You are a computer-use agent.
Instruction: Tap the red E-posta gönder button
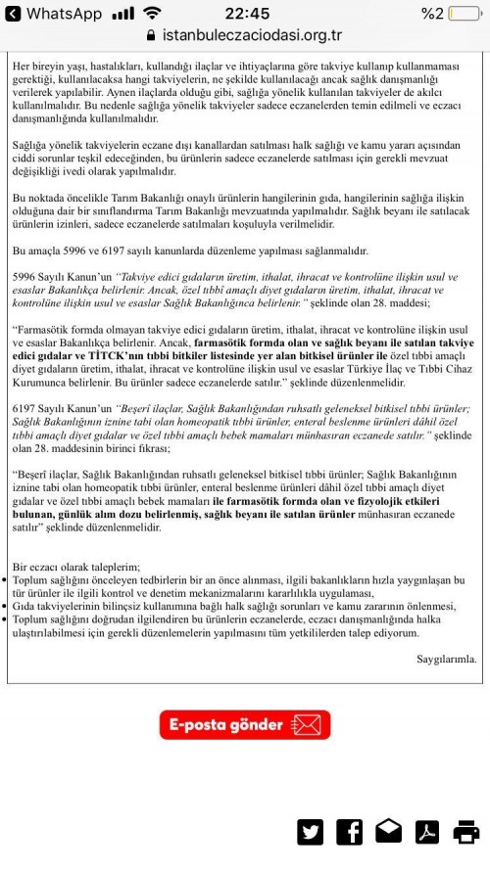pos(245,724)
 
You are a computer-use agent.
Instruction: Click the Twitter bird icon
pos(311,832)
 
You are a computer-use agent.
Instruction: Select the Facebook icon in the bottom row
pos(349,832)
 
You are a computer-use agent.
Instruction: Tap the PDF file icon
pos(427,832)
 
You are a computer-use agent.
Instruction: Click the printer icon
pos(465,832)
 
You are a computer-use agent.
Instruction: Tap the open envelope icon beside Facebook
pos(388,832)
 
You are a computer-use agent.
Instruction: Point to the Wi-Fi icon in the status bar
pos(152,13)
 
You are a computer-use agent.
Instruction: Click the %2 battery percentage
pos(432,13)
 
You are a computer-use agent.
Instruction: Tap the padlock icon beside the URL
pos(150,35)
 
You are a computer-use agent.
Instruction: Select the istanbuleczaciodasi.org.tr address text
pos(252,35)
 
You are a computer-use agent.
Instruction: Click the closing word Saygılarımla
pos(446,659)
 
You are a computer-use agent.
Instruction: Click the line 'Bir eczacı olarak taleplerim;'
pos(75,566)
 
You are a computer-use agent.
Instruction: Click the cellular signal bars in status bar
pos(122,13)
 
